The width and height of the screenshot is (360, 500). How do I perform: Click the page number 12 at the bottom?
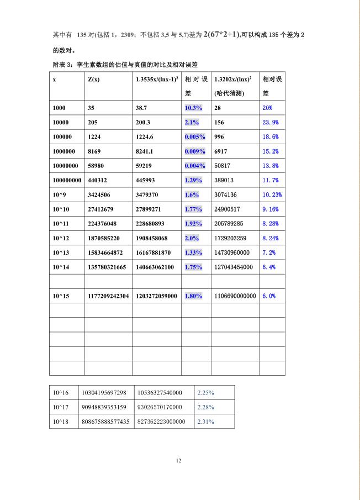178,460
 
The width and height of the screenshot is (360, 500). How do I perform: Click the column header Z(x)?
93,80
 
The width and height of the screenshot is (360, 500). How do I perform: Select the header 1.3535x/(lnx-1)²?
156,80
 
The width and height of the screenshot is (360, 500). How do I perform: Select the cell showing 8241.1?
145,151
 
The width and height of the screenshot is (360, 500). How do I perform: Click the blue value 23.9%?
270,122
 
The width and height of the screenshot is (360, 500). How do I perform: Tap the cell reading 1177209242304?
108,296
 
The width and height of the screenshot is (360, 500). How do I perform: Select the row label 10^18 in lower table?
61,421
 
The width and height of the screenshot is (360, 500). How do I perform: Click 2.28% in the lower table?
205,407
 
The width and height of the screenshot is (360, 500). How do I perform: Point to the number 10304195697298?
104,393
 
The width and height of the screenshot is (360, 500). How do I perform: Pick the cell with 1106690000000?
235,296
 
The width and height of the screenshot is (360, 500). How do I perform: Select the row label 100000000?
67,180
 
